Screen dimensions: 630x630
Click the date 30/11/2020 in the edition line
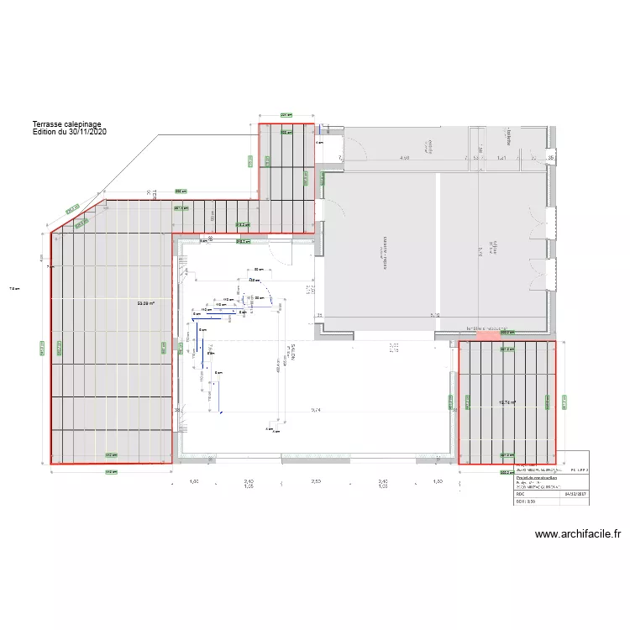point(87,132)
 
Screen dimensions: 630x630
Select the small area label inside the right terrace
point(507,402)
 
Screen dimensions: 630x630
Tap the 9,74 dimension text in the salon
point(316,410)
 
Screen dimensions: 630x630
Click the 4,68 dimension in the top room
point(404,157)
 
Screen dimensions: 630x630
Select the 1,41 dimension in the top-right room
point(501,157)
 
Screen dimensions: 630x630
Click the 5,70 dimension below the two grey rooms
point(435,315)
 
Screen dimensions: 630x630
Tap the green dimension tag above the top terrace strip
point(286,115)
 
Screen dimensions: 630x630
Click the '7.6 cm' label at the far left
point(13,290)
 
